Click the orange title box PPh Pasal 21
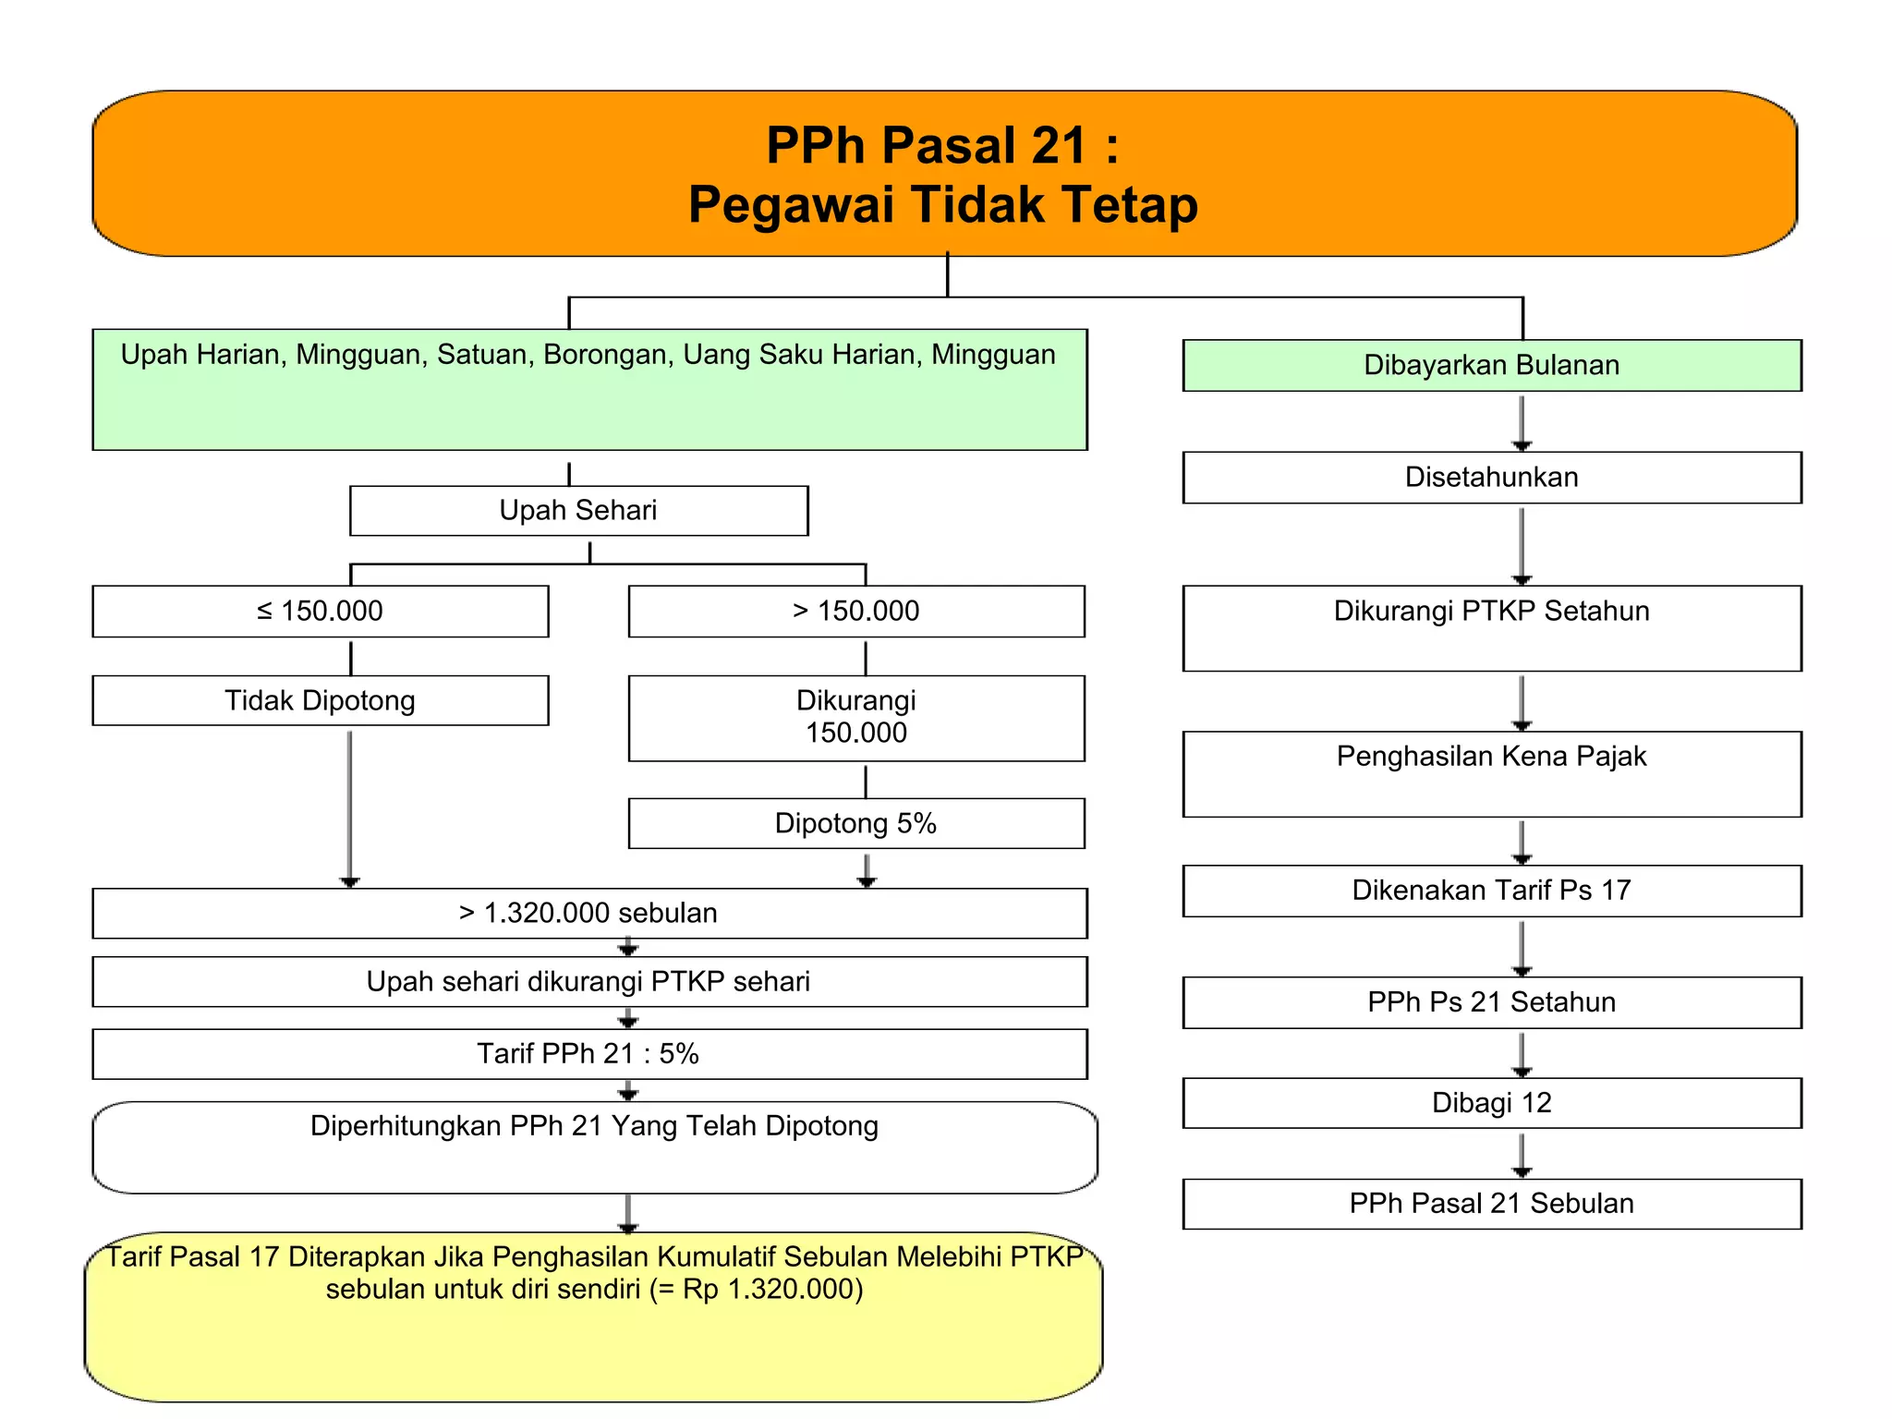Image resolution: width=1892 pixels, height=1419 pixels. click(944, 174)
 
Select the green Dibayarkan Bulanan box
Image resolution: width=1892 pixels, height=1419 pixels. click(1491, 366)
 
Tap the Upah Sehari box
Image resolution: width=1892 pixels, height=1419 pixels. click(578, 511)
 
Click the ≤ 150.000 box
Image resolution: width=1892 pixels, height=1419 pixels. click(320, 612)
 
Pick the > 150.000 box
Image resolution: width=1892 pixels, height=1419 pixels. click(855, 612)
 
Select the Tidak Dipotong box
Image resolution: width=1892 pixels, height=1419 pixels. click(320, 700)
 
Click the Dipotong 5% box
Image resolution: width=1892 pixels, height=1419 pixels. click(855, 823)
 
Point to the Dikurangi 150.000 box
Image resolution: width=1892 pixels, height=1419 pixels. click(855, 718)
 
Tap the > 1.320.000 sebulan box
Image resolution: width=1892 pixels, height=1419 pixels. click(588, 914)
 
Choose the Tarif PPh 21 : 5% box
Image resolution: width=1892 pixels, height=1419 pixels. click(588, 1054)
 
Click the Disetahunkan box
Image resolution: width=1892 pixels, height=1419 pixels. click(1491, 478)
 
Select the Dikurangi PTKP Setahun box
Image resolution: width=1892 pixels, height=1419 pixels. click(1491, 628)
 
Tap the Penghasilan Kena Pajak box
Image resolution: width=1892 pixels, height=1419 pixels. click(1491, 774)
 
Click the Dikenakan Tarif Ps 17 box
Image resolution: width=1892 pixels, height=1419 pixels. click(1491, 891)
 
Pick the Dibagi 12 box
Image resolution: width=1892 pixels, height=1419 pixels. click(1491, 1103)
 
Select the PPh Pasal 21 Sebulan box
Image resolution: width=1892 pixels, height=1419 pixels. click(1491, 1204)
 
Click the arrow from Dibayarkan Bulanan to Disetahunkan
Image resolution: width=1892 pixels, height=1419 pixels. click(1522, 422)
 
